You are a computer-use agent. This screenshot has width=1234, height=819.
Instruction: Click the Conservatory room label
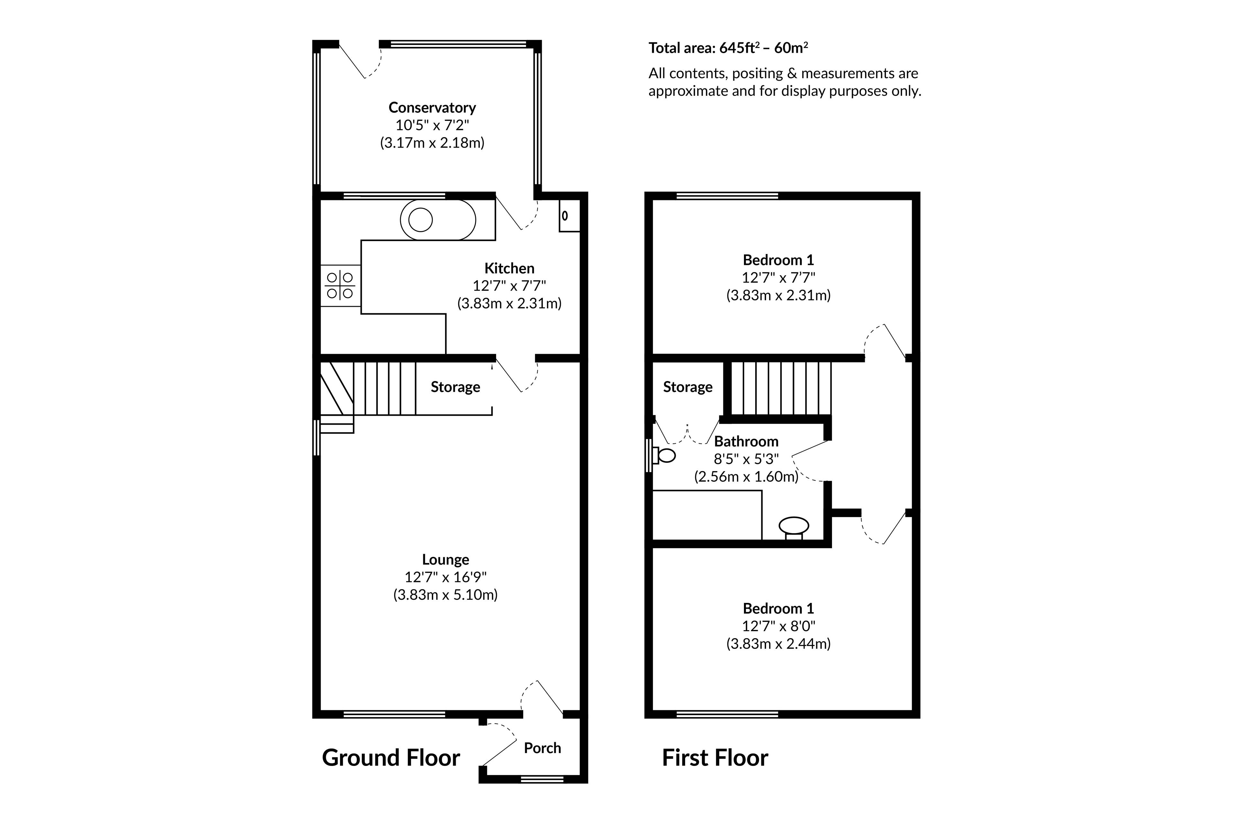432,108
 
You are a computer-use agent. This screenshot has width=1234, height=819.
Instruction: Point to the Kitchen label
509,268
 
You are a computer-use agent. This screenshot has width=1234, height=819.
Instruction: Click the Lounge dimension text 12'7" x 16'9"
446,577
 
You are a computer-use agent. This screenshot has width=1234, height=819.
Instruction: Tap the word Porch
542,748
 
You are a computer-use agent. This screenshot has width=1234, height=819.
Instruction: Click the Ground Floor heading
391,758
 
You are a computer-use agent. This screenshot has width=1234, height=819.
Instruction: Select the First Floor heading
715,758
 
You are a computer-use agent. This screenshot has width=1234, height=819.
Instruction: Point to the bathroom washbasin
793,526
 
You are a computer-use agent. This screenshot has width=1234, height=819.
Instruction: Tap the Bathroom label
746,442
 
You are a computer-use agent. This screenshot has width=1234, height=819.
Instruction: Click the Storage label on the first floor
687,387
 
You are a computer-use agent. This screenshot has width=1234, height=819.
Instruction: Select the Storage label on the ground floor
455,387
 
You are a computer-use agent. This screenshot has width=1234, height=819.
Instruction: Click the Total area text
728,48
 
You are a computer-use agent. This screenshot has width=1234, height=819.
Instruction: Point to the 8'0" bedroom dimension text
778,626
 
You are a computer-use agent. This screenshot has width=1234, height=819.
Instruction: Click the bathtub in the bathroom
707,515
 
